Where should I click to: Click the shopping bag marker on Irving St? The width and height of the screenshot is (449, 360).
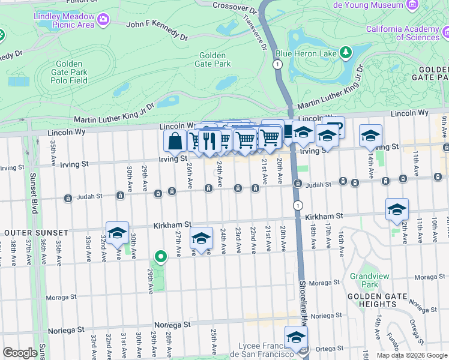[175, 142]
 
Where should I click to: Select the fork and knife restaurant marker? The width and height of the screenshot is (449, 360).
[209, 140]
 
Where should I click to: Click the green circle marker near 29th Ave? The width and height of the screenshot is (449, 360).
[160, 257]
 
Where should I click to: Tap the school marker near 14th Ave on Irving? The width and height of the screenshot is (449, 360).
[371, 136]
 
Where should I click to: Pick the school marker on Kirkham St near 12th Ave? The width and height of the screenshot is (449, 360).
[397, 209]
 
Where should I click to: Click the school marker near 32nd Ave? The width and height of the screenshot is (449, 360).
[117, 233]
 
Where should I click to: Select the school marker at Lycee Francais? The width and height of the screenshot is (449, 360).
[296, 338]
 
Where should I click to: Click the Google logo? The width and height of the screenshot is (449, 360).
[20, 352]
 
